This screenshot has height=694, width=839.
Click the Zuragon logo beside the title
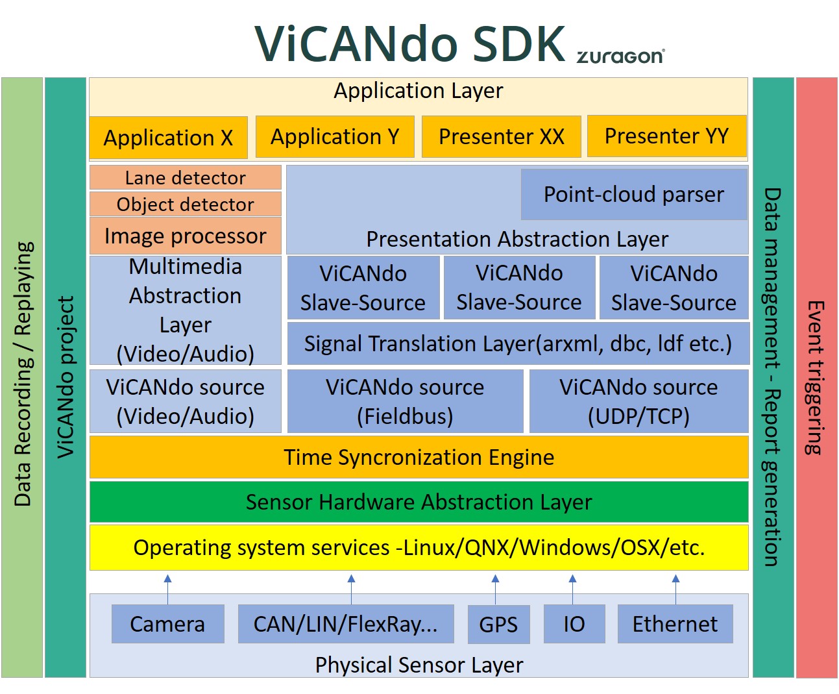pyautogui.click(x=620, y=56)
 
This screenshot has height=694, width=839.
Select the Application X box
pyautogui.click(x=168, y=138)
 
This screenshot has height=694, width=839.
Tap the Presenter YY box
pyautogui.click(x=666, y=136)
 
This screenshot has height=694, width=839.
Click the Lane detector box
pyautogui.click(x=185, y=177)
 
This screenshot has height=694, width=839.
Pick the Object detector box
pyautogui.click(x=185, y=204)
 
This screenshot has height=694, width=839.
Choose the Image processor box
pyautogui.click(x=185, y=236)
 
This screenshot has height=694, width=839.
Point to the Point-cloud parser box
pyautogui.click(x=634, y=194)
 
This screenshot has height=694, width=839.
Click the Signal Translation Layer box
pyautogui.click(x=518, y=343)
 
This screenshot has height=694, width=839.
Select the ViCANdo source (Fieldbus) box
pyautogui.click(x=405, y=401)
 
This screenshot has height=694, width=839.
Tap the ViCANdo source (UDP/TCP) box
pyautogui.click(x=639, y=401)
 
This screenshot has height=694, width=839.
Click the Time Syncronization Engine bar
pyautogui.click(x=419, y=457)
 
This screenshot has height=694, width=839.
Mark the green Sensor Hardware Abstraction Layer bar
pyautogui.click(x=419, y=502)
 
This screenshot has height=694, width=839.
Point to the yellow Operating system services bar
pyautogui.click(x=419, y=547)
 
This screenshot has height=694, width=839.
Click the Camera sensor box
pyautogui.click(x=167, y=624)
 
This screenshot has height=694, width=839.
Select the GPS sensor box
pyautogui.click(x=498, y=624)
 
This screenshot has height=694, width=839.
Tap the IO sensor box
pyautogui.click(x=574, y=624)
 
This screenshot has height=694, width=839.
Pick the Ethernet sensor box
pyautogui.click(x=675, y=624)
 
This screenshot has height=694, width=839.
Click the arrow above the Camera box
pyautogui.click(x=168, y=589)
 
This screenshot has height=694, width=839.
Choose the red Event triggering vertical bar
pyautogui.click(x=817, y=377)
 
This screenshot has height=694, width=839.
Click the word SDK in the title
pyautogui.click(x=518, y=43)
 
